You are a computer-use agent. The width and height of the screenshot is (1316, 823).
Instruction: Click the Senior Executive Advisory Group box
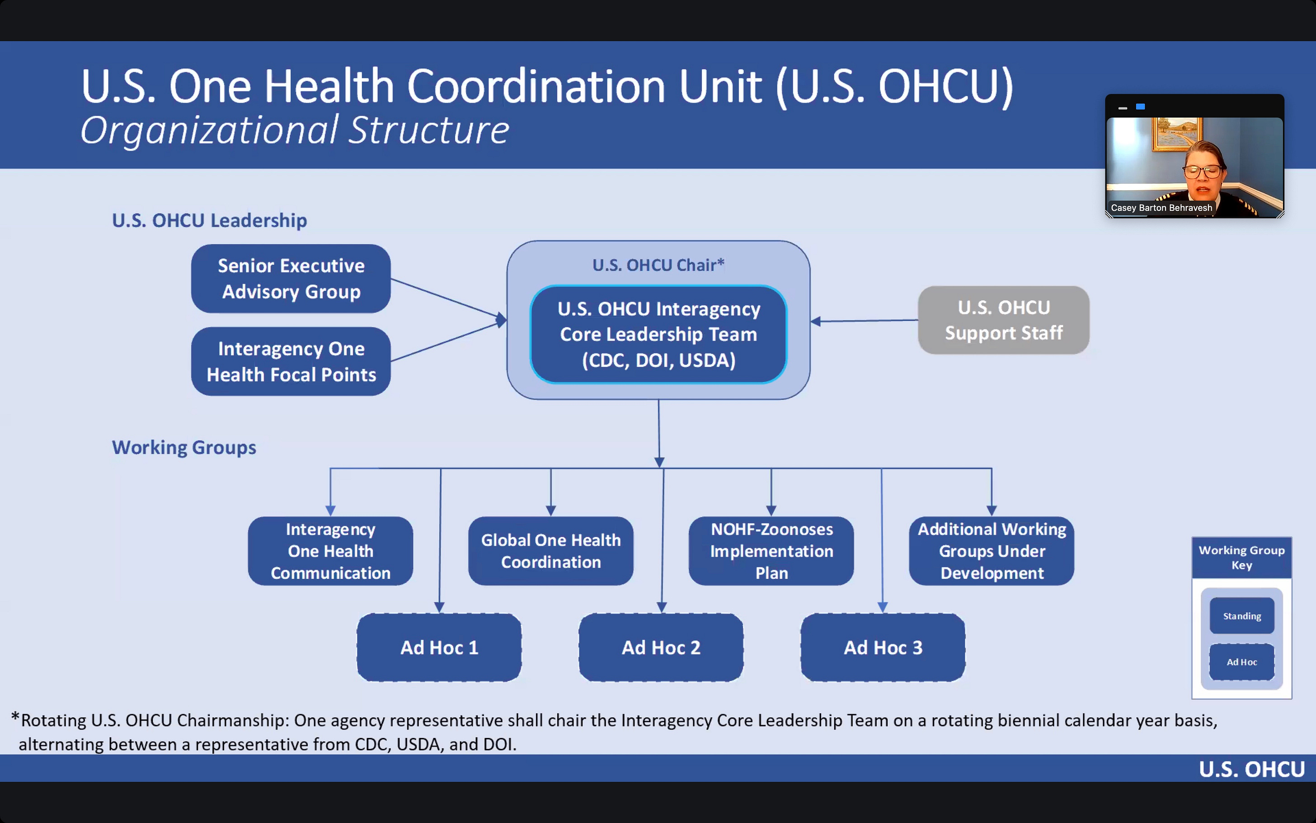(291, 279)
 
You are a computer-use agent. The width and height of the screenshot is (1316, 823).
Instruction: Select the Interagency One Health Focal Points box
(291, 361)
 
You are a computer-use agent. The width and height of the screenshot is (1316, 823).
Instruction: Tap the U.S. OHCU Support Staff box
(1003, 320)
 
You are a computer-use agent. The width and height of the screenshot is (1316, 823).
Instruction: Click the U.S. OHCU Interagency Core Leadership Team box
(658, 334)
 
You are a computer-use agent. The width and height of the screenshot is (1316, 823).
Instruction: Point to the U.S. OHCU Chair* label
(658, 265)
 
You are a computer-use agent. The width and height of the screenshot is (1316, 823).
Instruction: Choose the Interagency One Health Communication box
(330, 551)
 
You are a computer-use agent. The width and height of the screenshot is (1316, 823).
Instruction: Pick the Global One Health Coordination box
(551, 551)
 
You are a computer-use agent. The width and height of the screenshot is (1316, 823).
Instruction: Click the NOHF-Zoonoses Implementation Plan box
(771, 551)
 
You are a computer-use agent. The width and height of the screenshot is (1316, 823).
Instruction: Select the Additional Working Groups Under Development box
(992, 551)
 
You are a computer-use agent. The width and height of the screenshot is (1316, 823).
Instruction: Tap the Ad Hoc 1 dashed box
(439, 647)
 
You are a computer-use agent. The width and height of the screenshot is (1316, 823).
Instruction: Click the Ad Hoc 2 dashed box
(661, 647)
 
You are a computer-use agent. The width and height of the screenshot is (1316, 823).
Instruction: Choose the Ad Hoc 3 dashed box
(883, 647)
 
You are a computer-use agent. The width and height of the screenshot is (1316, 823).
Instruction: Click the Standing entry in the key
(1242, 615)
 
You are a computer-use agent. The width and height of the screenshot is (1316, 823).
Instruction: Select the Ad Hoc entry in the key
(1242, 662)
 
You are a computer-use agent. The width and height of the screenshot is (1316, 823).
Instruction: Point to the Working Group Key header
(1242, 558)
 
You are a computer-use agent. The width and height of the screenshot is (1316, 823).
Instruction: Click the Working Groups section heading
(184, 447)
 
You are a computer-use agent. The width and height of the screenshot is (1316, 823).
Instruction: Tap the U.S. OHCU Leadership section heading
(209, 221)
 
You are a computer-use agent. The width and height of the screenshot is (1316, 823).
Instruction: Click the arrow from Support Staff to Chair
(865, 321)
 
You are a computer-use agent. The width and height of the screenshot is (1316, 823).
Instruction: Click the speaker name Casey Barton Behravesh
(1161, 208)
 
